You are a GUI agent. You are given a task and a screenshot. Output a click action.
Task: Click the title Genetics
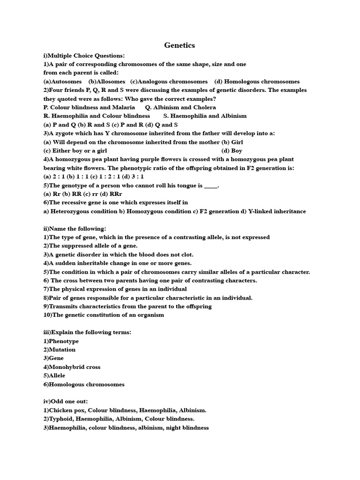pyautogui.click(x=180, y=45)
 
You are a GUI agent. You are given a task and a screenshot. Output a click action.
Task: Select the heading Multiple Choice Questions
pyautogui.click(x=84, y=55)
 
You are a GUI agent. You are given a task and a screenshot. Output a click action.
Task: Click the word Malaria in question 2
pyautogui.click(x=124, y=107)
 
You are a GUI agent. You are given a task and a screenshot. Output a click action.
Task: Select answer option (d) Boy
pyautogui.click(x=232, y=150)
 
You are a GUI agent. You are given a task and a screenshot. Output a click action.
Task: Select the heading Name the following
pyautogui.click(x=75, y=228)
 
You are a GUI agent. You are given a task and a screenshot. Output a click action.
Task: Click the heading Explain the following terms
pyautogui.click(x=87, y=332)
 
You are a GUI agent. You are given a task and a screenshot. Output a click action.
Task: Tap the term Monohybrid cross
pyautogui.click(x=72, y=367)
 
